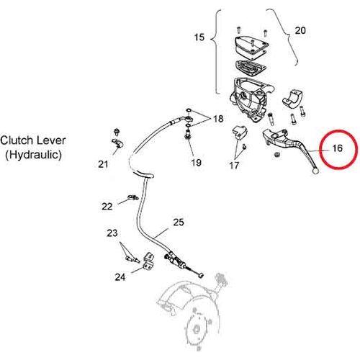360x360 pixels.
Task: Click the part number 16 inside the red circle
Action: point(338,148)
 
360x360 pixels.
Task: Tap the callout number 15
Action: point(199,37)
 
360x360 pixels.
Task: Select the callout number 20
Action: point(300,30)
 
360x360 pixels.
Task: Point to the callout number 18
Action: point(218,119)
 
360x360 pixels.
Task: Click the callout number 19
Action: point(196,163)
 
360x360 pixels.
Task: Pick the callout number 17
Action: point(234,165)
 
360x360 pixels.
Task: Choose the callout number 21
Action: point(103,164)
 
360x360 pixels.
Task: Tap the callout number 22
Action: point(107,207)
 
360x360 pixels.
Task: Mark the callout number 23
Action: point(112,233)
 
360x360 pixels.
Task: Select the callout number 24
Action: point(120,277)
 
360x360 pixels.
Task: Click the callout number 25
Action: point(179,222)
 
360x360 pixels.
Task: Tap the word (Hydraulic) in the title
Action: point(33,155)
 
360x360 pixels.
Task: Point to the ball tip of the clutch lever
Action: point(315,171)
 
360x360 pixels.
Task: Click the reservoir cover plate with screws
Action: point(251,48)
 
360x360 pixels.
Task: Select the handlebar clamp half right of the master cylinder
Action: point(292,98)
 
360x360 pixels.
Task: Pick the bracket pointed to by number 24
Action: point(149,261)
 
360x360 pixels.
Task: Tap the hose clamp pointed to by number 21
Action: point(117,143)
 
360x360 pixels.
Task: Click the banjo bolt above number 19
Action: point(189,134)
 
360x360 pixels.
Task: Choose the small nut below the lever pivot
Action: point(276,155)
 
